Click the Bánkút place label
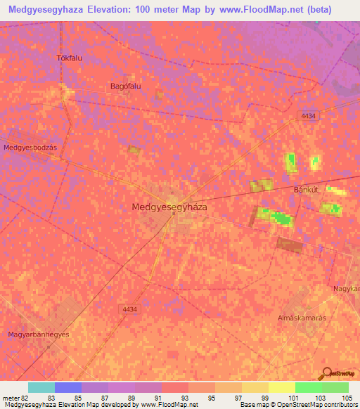[307, 190]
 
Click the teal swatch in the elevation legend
[41, 387]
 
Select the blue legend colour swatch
[68, 387]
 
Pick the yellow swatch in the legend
[281, 387]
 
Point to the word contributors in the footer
[340, 405]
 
